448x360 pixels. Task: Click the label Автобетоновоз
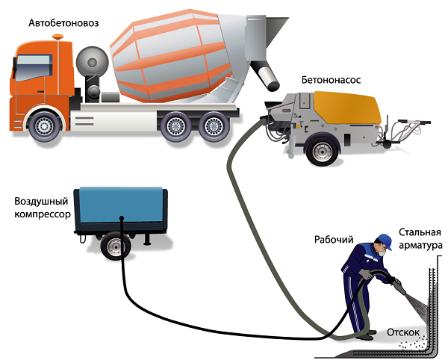coord(63,23)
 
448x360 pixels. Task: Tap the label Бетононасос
coord(331,80)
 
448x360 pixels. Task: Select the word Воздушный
coord(41,202)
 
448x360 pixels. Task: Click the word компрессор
coord(43,214)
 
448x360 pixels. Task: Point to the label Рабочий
coord(334,240)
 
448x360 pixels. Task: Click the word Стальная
coord(420,232)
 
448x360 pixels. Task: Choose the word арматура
coord(420,246)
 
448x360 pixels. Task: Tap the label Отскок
coord(403,332)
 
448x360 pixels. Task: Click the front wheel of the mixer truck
coord(44,125)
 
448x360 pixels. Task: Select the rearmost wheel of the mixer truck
coord(214,126)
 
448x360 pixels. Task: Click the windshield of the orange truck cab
coord(34,67)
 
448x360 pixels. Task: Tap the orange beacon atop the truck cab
coord(58,37)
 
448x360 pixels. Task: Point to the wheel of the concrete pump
coord(323,151)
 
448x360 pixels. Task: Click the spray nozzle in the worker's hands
coord(399,287)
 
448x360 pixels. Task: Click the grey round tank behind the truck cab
coord(93,62)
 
